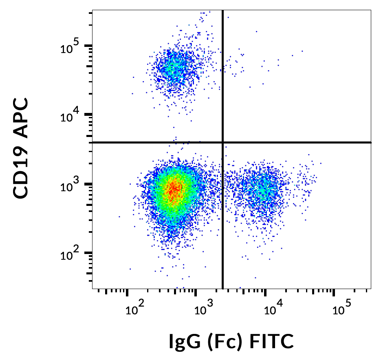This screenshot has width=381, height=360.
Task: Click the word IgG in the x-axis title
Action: pyautogui.click(x=183, y=342)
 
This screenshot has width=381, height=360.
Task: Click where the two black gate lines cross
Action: pyautogui.click(x=222, y=142)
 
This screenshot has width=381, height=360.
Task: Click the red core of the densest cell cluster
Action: pyautogui.click(x=174, y=188)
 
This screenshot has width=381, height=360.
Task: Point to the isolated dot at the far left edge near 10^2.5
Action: pyautogui.click(x=119, y=216)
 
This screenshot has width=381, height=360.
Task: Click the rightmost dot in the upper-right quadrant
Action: pyautogui.click(x=302, y=51)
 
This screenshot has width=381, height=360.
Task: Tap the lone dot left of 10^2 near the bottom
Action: pyautogui.click(x=130, y=269)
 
